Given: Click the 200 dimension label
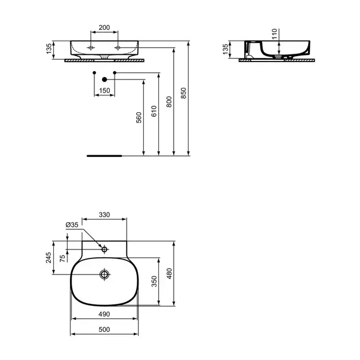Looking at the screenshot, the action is pyautogui.click(x=104, y=27).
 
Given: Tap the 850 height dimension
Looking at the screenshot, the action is pyautogui.click(x=183, y=93).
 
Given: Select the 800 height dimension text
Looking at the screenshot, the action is pyautogui.click(x=169, y=101).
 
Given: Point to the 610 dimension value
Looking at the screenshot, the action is pyautogui.click(x=154, y=111).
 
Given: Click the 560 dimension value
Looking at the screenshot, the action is pyautogui.click(x=139, y=118).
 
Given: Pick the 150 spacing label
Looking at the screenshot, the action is pyautogui.click(x=104, y=91).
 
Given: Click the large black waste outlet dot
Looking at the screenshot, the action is pyautogui.click(x=104, y=79).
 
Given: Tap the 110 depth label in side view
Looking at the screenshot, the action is pyautogui.click(x=275, y=34).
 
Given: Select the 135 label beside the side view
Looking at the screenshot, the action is pyautogui.click(x=226, y=49).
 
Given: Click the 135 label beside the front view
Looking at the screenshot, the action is pyautogui.click(x=49, y=49).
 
